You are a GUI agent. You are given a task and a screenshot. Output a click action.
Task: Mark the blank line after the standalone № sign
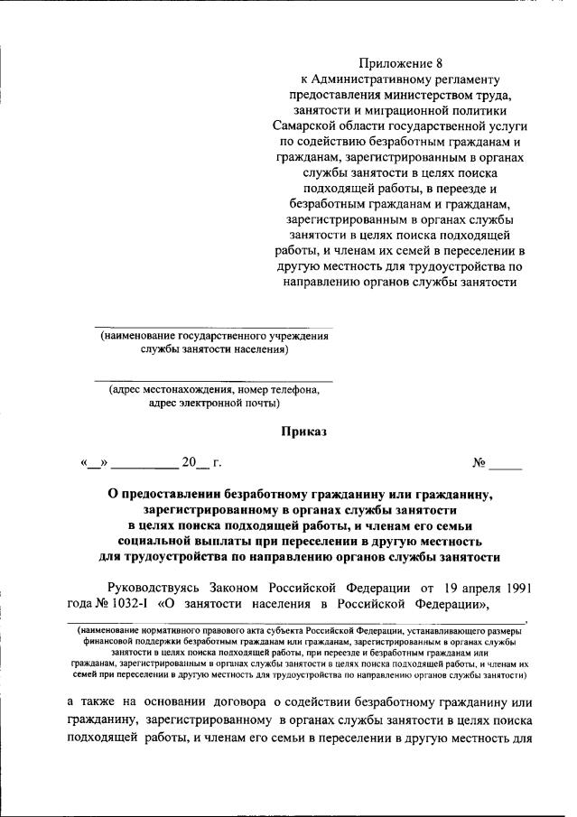[x=507, y=466]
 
